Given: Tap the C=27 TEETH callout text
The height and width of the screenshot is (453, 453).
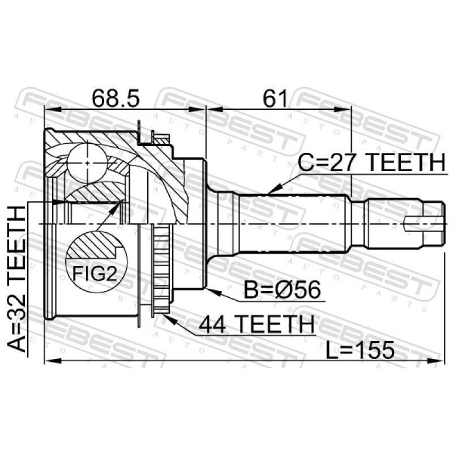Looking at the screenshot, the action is pyautogui.click(x=372, y=163).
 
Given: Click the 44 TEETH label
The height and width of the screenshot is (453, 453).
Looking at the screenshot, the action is pyautogui.click(x=257, y=324).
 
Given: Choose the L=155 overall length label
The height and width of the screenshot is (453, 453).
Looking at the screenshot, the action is pyautogui.click(x=360, y=349).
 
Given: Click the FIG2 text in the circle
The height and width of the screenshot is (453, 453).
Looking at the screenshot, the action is pyautogui.click(x=95, y=273).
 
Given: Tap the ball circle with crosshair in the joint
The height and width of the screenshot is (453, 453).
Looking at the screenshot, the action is pyautogui.click(x=87, y=163).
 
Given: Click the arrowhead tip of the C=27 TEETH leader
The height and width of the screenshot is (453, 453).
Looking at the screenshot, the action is pyautogui.click(x=267, y=193).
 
